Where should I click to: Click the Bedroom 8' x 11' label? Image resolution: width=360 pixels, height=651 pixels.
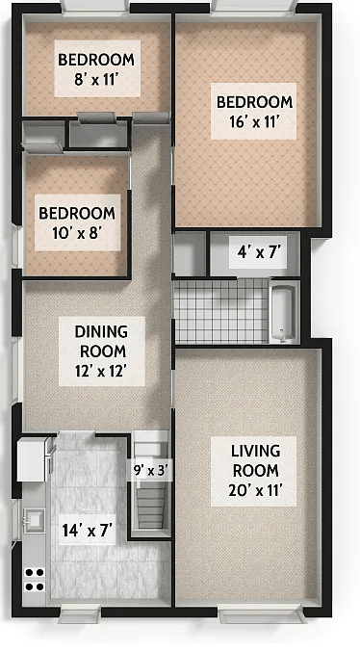pos(96,67)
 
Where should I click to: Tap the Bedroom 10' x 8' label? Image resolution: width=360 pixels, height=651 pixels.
pos(77,222)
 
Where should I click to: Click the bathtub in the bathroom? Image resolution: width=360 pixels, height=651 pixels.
pos(282,312)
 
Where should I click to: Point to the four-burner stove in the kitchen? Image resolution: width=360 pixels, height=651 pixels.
pos(35,579)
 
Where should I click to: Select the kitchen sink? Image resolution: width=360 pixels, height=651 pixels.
pos(34,521)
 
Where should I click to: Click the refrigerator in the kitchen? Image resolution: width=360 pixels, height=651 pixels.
pos(34,459)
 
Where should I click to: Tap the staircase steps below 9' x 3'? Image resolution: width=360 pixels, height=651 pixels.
pos(152,506)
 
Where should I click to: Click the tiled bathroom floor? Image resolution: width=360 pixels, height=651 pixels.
pos(219,312)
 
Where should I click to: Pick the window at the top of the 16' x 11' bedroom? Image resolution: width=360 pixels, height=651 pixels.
pos(253,9)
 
